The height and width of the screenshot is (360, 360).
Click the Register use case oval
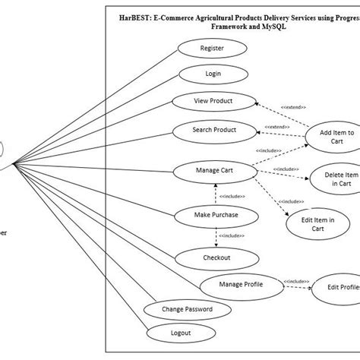pyautogui.click(x=212, y=49)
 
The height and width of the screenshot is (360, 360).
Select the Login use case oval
pyautogui.click(x=212, y=74)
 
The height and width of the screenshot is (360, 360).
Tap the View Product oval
pyautogui.click(x=213, y=101)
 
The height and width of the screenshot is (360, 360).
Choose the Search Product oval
pyautogui.click(x=213, y=130)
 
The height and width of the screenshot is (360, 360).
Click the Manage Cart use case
pyautogui.click(x=213, y=171)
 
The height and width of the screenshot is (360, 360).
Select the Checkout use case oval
pyautogui.click(x=216, y=257)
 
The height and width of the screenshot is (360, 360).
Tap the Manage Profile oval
pyautogui.click(x=242, y=285)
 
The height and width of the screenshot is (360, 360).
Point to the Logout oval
pyautogui.click(x=180, y=332)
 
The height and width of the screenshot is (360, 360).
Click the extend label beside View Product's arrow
pyautogui.click(x=292, y=107)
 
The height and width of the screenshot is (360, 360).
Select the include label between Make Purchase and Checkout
pyautogui.click(x=232, y=236)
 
